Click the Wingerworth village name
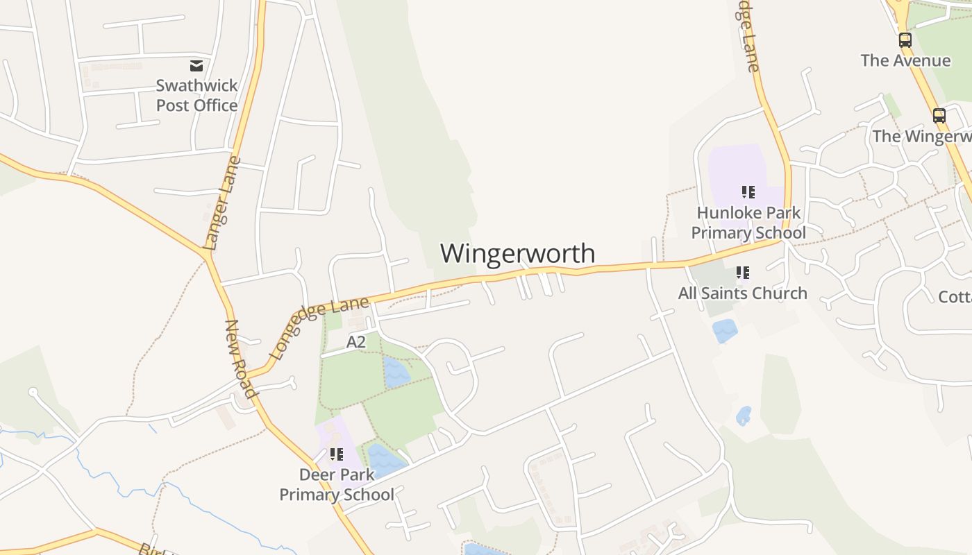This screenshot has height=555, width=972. click(x=517, y=253)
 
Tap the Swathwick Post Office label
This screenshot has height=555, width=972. click(x=196, y=96)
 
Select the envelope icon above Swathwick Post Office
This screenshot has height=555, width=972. click(x=196, y=66)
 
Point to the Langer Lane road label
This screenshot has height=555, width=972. click(x=223, y=203)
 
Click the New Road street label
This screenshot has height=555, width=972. click(x=242, y=359)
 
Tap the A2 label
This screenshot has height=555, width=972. click(x=355, y=342)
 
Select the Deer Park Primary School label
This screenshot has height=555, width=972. click(x=337, y=484)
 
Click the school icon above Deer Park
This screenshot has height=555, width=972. click(x=337, y=454)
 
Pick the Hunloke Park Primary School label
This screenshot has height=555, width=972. click(x=748, y=223)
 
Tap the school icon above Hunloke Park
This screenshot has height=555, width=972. click(x=748, y=192)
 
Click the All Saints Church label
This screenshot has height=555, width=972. click(x=742, y=293)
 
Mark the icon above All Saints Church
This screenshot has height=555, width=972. click(x=743, y=273)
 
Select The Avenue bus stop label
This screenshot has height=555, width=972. click(x=905, y=60)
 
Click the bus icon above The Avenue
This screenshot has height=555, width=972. click(x=905, y=40)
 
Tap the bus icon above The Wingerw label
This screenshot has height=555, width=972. click(x=939, y=116)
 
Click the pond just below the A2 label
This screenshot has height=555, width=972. click(x=396, y=373)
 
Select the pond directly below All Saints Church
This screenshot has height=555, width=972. click(x=724, y=330)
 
